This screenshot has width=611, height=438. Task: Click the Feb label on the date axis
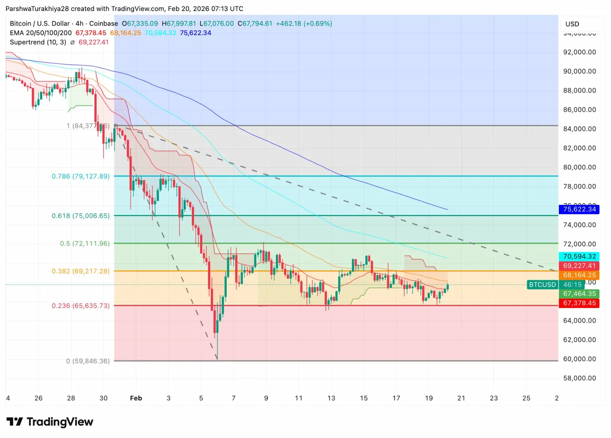click(136, 398)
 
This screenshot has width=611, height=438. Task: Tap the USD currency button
click(572, 24)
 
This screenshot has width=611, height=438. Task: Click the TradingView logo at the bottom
click(50, 422)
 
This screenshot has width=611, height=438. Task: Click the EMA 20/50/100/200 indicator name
click(40, 33)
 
